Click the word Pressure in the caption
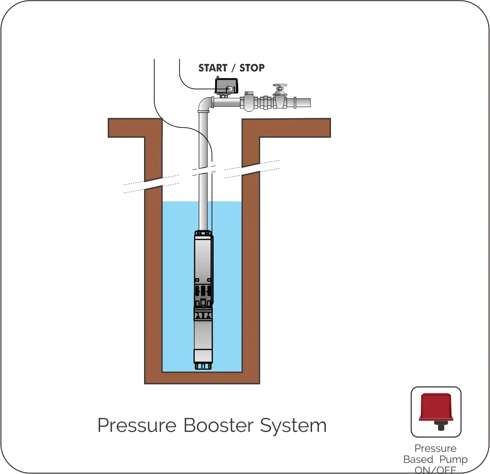[137, 426]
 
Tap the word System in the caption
[292, 426]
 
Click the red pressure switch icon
[436, 407]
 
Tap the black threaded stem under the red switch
[441, 426]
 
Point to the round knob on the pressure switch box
[230, 88]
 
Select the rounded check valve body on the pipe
[248, 101]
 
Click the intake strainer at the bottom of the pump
[202, 364]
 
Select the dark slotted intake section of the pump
[202, 294]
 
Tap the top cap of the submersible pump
[203, 232]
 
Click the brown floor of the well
[202, 378]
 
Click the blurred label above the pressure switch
[231, 68]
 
